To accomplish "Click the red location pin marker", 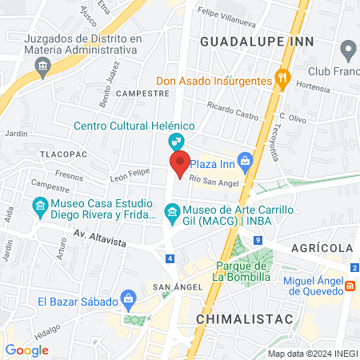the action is click(180, 163).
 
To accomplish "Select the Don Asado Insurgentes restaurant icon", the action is click(282, 78).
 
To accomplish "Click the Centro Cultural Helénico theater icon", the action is click(174, 142).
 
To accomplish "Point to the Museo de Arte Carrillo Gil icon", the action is click(170, 211).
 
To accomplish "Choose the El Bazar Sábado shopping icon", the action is click(127, 300).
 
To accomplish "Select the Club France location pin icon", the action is click(348, 52).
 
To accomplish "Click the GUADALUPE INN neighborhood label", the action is click(256, 40).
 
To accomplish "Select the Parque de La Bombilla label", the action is click(240, 271).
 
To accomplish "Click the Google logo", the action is click(26, 350).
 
